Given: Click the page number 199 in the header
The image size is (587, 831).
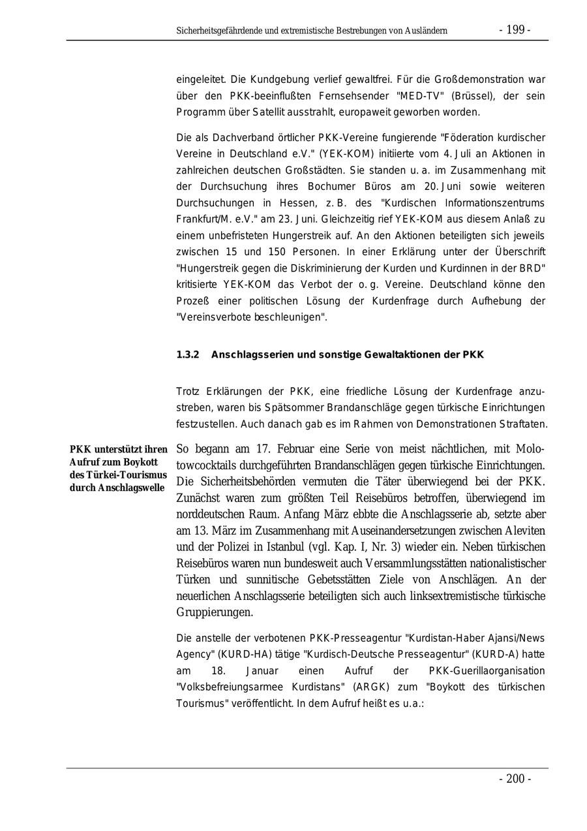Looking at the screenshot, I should click(x=515, y=30).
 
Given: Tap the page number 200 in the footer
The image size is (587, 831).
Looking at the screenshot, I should click(x=515, y=779).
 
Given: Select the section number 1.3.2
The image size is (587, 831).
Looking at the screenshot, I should click(x=187, y=355).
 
